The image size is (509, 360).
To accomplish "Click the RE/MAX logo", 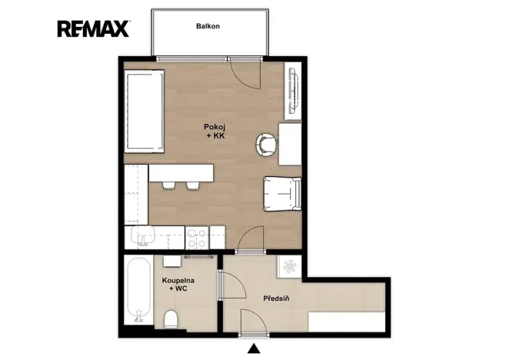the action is tap(94, 28).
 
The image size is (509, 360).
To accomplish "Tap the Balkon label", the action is tap(208, 26).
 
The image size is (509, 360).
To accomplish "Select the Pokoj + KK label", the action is tap(215, 132).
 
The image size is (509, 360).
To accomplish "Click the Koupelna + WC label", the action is tap(178, 285).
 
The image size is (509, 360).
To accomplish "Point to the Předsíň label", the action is tap(276, 298).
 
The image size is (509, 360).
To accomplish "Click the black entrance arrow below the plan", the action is tap(254, 348).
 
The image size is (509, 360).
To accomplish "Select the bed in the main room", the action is tap(144, 111).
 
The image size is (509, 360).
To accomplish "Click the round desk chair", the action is tap(266, 145).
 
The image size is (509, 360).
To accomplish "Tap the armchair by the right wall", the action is tap(282, 194).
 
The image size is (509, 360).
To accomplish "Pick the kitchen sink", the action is tap(143, 236).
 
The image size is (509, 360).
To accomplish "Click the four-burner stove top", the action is tap(197, 238).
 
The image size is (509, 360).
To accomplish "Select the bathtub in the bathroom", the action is tap(139, 290).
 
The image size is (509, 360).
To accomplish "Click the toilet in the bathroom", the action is tap(171, 318).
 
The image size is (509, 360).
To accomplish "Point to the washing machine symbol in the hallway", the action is tap(290, 266).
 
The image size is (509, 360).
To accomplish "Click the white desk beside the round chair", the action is tap(290, 145).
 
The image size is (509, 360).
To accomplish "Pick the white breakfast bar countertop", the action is tap(181, 173).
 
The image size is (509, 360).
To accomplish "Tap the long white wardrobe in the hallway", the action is tap(347, 322).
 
